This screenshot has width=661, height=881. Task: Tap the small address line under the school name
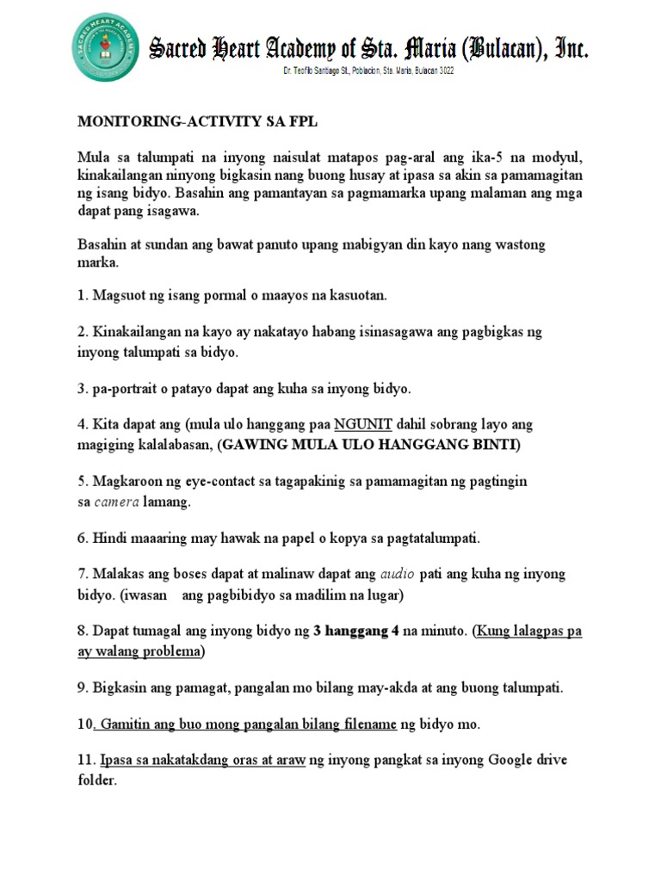369,71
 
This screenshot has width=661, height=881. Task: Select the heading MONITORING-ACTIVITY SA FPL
198,122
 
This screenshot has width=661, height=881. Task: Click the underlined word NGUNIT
364,424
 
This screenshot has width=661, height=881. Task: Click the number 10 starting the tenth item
85,724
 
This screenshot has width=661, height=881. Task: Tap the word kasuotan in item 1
359,296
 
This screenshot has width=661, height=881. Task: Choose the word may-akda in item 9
377,688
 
